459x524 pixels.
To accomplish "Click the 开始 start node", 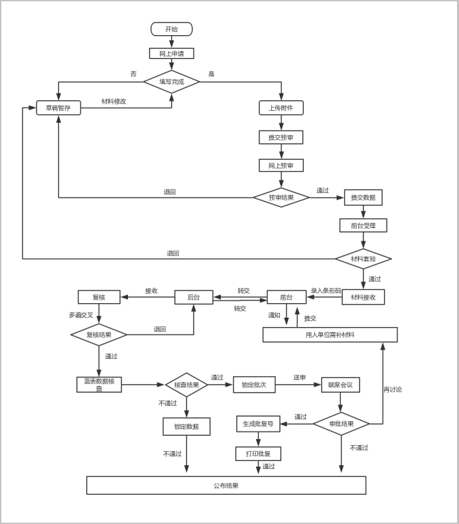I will tap(171, 29).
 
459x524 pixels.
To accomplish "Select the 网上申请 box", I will tap(171, 54).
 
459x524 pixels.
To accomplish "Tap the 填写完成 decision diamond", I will tap(171, 82).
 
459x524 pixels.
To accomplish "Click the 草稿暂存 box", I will tap(58, 107).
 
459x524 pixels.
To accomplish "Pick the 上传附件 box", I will tap(281, 107).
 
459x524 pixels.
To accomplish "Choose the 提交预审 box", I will tap(281, 137).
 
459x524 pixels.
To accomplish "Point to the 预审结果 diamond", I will tap(281, 197).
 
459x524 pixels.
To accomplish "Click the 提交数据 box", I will tap(363, 197).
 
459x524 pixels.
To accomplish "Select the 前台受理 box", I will tap(363, 226).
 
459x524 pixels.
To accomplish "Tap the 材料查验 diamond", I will tap(363, 259).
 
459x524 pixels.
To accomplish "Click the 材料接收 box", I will tap(363, 297).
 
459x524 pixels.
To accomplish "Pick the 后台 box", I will tap(193, 297).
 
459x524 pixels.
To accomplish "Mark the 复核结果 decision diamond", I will tap(99, 334).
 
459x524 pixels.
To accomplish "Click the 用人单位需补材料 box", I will tap(330, 335).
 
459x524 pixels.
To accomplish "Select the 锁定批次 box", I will tap(254, 385).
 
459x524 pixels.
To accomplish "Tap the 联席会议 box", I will tap(340, 385).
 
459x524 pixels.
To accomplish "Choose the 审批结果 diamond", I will tap(341, 424).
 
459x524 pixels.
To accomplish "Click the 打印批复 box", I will tap(258, 454).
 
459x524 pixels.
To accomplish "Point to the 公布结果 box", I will tap(226, 486).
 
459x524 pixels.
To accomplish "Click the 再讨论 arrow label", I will tap(393, 389).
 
